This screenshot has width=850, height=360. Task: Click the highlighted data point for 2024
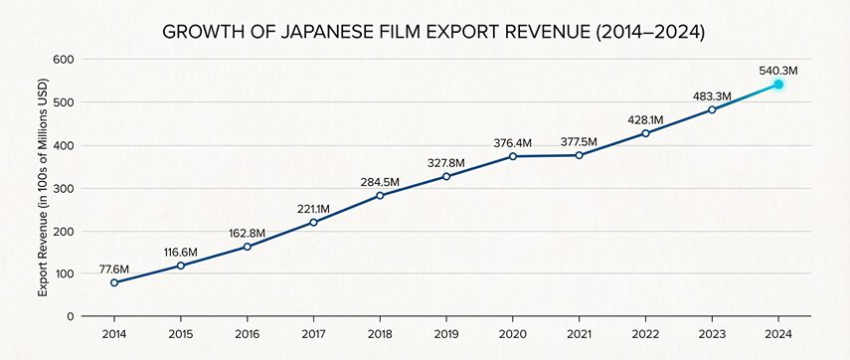[778, 85]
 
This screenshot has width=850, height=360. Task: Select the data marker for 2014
[114, 282]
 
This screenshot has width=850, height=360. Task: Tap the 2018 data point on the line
[380, 195]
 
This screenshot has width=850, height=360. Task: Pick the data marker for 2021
[579, 155]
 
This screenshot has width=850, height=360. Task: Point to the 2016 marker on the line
[247, 247]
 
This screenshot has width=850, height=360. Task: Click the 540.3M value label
[778, 70]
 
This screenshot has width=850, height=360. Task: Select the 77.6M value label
[114, 268]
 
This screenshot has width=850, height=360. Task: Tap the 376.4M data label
[513, 142]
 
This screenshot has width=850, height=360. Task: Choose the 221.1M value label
[313, 208]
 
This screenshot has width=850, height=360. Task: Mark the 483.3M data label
[712, 95]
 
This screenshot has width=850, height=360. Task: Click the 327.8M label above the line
[446, 162]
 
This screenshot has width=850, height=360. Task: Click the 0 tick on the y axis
[71, 316]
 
